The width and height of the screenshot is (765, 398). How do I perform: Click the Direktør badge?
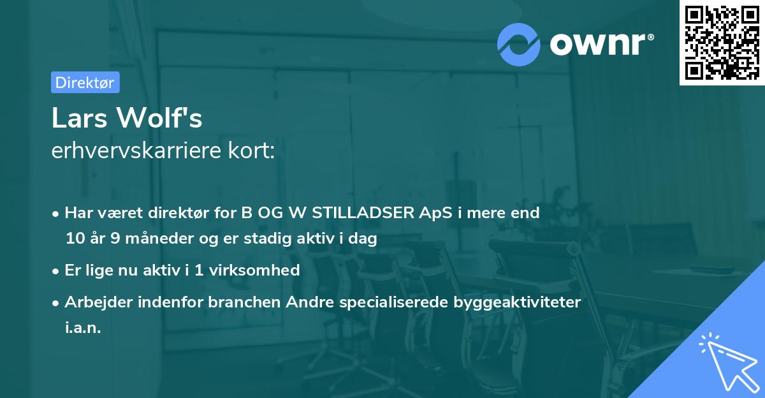(85, 82)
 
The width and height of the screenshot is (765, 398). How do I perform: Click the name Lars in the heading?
(79, 118)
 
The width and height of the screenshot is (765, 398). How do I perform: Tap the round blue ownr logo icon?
(518, 45)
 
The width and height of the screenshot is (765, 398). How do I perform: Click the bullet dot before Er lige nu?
(57, 270)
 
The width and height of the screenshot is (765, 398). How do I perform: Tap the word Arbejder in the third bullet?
(95, 302)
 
